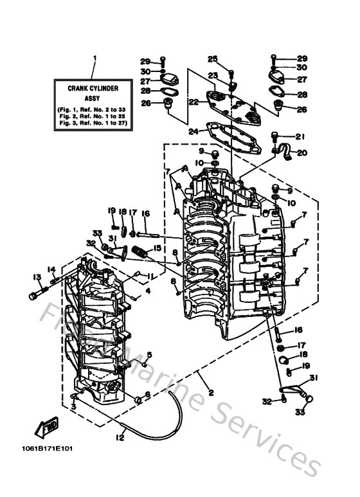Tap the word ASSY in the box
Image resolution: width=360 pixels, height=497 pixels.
(94, 96)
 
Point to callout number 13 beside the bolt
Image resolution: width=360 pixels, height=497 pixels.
(35, 277)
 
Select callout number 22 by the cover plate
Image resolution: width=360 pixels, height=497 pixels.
(192, 102)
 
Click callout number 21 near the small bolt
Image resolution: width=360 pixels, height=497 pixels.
(299, 136)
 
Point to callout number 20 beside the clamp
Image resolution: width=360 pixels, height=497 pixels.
(302, 153)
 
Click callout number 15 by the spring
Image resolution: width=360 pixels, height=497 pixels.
(156, 248)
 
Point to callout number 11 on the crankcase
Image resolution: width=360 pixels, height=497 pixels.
(150, 276)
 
